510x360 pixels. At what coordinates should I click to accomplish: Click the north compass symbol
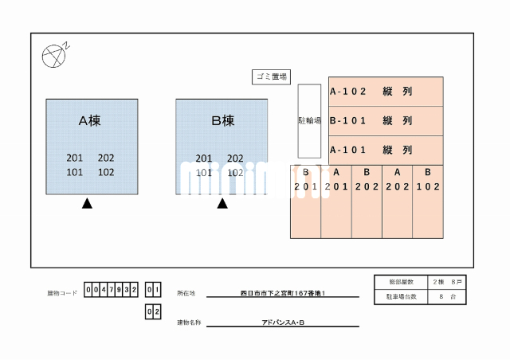53,54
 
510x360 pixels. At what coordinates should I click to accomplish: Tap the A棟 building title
89,121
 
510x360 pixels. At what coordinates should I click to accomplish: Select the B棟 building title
222,121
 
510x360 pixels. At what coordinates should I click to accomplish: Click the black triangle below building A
87,204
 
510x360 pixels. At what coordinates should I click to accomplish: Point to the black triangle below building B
222,204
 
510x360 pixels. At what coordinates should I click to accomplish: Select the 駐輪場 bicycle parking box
309,121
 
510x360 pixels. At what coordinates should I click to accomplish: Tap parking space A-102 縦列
386,92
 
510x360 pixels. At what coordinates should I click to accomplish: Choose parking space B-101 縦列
386,121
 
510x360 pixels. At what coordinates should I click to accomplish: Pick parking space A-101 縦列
386,150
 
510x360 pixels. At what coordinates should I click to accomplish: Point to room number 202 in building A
106,158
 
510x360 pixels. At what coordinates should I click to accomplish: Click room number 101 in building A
75,172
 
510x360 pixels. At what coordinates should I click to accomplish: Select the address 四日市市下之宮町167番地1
283,294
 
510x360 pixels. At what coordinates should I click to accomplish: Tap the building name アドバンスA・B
283,323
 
